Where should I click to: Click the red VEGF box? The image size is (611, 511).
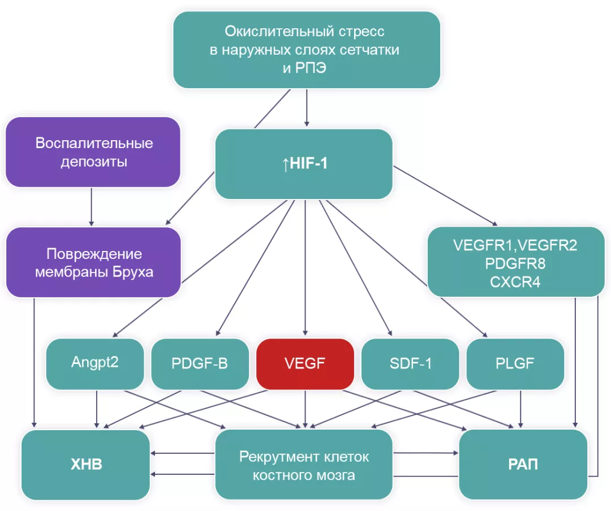pos(305,363)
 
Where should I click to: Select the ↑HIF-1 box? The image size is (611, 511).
pos(304,164)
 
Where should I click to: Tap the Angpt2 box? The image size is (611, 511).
pos(94,363)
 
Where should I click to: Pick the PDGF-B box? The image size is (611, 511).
pos(200,363)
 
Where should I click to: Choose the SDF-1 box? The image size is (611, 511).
pos(410,363)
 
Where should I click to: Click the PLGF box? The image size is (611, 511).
pos(515,363)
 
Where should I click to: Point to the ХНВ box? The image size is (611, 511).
pos(86,465)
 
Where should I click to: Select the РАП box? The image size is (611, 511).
pos(523,465)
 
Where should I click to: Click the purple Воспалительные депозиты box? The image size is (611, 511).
pos(93,151)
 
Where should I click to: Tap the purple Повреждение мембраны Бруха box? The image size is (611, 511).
pos(93,262)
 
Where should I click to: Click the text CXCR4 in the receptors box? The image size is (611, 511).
pos(515,282)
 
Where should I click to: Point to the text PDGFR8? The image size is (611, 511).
pos(515,263)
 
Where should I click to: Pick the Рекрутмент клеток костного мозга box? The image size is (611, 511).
pos(304,465)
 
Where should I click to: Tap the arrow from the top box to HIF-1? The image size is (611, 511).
pos(307,107)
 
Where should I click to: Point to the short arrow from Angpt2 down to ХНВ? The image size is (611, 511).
pos(97,408)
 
